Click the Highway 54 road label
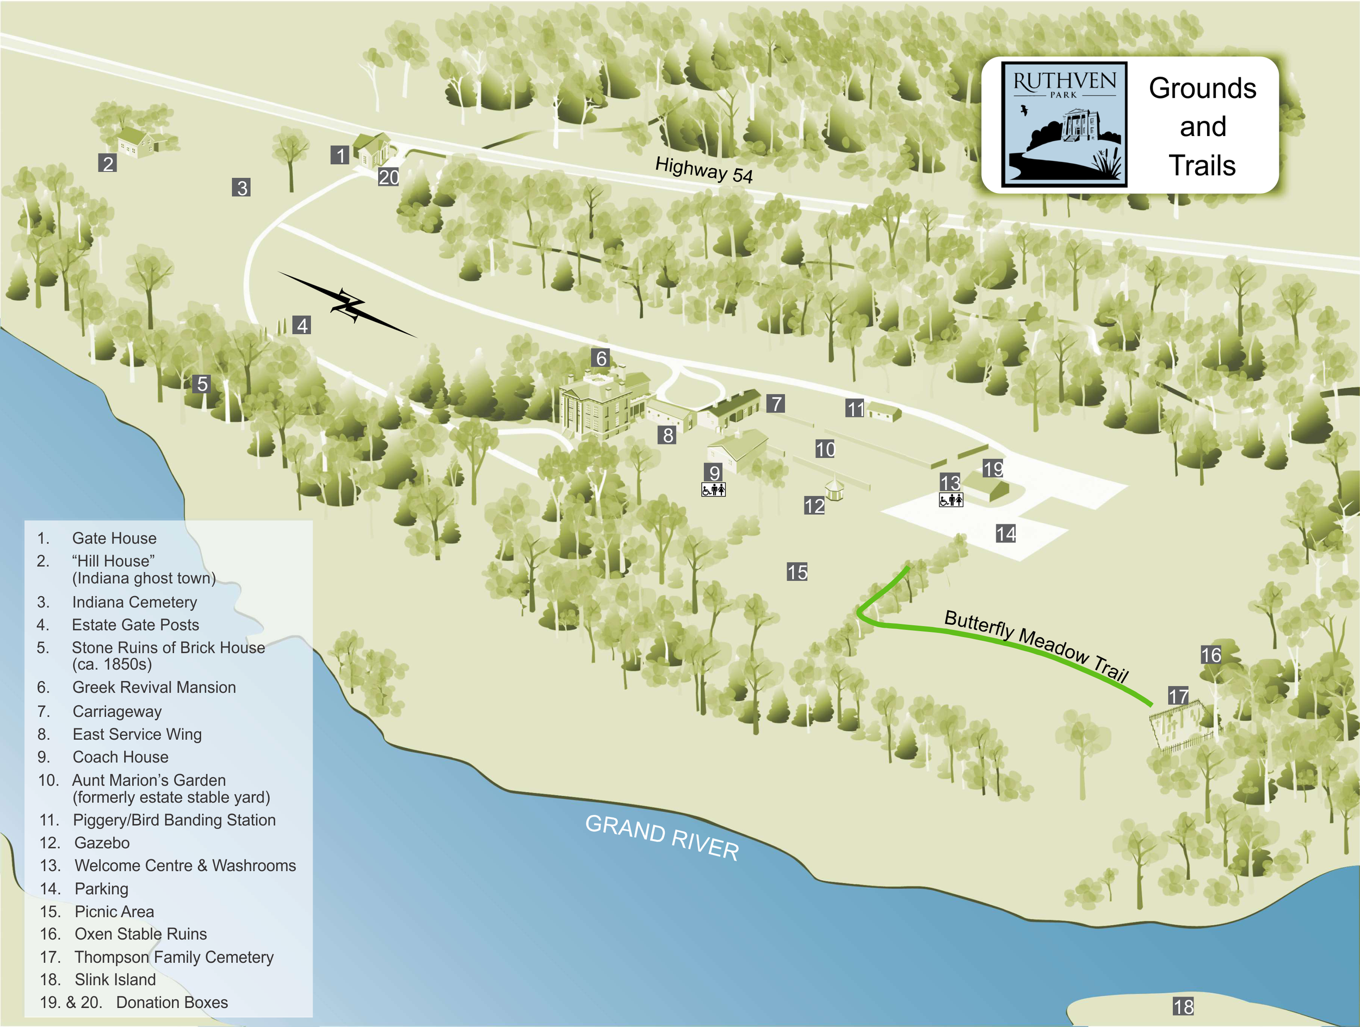pos(703,170)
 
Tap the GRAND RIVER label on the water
pos(662,837)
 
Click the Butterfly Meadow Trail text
pos(1036,646)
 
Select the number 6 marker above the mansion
pos(601,358)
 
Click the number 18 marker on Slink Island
pos(1183,1006)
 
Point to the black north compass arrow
pos(348,305)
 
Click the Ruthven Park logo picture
pos(1064,124)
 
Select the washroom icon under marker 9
pos(713,490)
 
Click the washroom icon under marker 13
pos(950,500)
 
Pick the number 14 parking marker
pos(1005,534)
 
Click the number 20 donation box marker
pos(388,177)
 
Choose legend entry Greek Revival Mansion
pos(154,687)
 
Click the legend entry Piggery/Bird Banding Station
pos(174,820)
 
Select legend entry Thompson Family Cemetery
pos(174,957)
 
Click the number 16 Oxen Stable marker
pos(1210,655)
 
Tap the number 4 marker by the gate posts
pos(301,325)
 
